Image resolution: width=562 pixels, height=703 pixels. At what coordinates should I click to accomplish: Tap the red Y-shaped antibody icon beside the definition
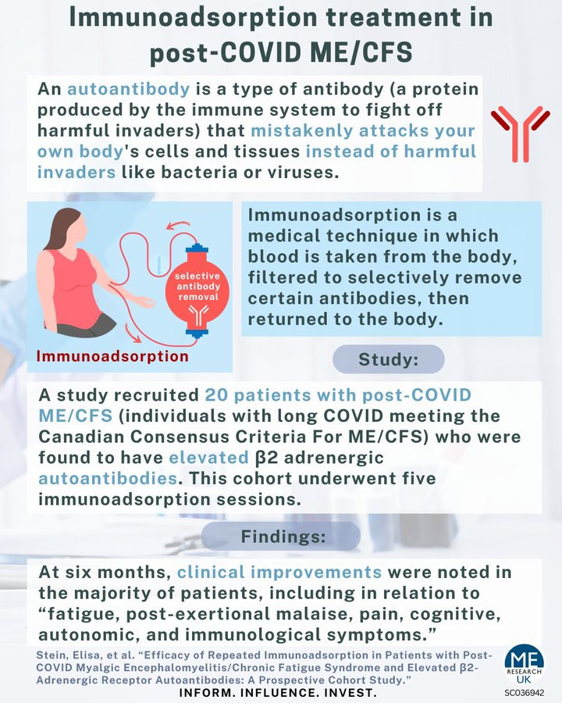(521, 133)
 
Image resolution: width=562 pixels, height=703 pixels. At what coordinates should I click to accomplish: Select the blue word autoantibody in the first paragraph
(129, 89)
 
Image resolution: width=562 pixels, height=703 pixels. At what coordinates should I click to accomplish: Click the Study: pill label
(389, 359)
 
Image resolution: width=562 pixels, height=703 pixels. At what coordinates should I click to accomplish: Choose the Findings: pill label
(281, 536)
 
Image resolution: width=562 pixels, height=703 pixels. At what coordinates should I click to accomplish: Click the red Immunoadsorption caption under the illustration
(112, 356)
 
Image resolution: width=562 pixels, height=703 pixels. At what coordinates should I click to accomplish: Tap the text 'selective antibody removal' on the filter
(197, 286)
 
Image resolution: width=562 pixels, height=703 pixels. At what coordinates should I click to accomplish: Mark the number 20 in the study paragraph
(216, 395)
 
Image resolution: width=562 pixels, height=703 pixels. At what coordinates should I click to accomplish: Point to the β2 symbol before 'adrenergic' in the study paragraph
(266, 458)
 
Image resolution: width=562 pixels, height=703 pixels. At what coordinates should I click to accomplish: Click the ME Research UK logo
(524, 668)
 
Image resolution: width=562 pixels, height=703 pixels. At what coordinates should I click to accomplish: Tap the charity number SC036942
(525, 693)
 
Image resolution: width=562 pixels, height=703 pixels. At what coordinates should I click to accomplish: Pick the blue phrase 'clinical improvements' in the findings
(279, 572)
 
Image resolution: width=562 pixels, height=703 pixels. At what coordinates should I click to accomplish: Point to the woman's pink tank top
(78, 287)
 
